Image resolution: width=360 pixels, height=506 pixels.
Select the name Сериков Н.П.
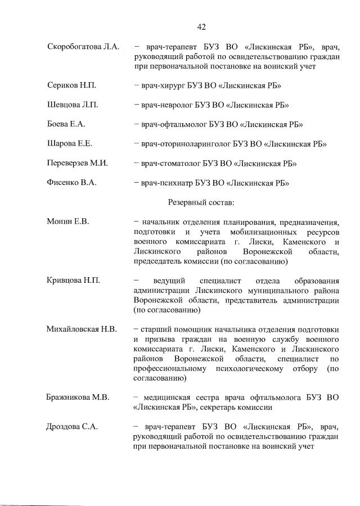pyautogui.click(x=72, y=85)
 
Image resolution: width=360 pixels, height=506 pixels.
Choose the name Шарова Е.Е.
pyautogui.click(x=70, y=144)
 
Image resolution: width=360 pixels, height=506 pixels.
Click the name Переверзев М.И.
pyautogui.click(x=78, y=164)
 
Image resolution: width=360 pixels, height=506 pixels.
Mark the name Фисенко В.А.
pyautogui.click(x=71, y=183)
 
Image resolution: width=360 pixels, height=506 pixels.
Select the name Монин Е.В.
pyautogui.click(x=69, y=222)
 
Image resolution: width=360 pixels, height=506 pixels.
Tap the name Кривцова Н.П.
pyautogui.click(x=73, y=280)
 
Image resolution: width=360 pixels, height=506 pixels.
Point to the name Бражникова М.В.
pyautogui.click(x=78, y=397)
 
